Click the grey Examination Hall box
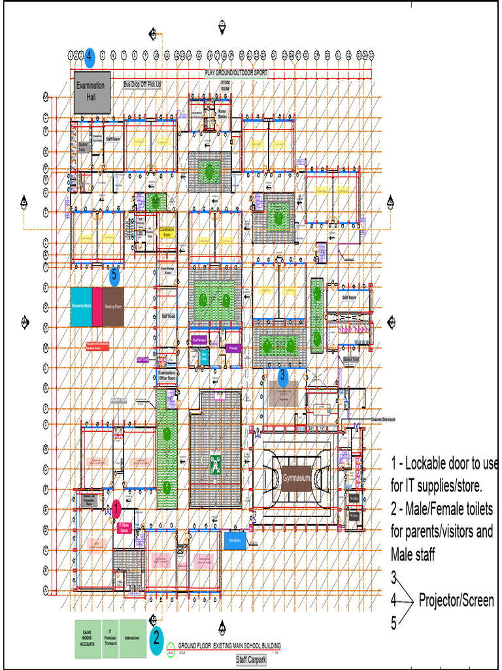pyautogui.click(x=92, y=92)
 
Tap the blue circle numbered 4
pyautogui.click(x=90, y=57)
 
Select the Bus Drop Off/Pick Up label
pyautogui.click(x=142, y=84)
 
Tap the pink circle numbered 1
pyautogui.click(x=116, y=506)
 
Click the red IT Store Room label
pyautogui.click(x=124, y=527)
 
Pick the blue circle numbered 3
pyautogui.click(x=282, y=376)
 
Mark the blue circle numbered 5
pyautogui.click(x=115, y=275)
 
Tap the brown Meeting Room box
pyautogui.click(x=114, y=306)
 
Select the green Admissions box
pyautogui.click(x=133, y=638)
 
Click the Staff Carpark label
pyautogui.click(x=251, y=660)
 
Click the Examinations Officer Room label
pyautogui.click(x=167, y=376)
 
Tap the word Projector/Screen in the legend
pyautogui.click(x=456, y=600)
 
